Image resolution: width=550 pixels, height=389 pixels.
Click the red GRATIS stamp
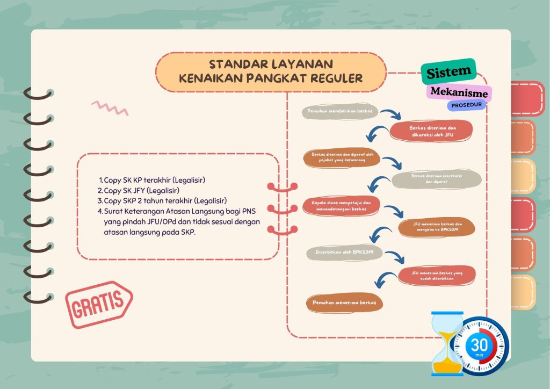pyautogui.click(x=99, y=304)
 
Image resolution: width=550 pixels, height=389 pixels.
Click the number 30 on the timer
pyautogui.click(x=479, y=345)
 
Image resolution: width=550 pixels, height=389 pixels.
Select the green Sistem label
pyautogui.click(x=448, y=71)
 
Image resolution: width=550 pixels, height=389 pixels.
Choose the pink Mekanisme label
pyautogui.click(x=459, y=92)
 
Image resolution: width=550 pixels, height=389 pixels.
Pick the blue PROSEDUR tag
pyautogui.click(x=467, y=105)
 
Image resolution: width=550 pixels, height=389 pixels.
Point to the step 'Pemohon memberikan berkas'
pyautogui.click(x=340, y=111)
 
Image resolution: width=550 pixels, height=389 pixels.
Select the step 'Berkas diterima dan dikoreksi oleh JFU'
pyautogui.click(x=431, y=131)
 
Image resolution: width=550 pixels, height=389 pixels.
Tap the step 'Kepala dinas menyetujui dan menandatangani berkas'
pyautogui.click(x=341, y=206)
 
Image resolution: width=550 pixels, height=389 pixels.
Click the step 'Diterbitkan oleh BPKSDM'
pyautogui.click(x=344, y=252)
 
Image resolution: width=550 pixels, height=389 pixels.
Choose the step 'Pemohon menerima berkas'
pyautogui.click(x=344, y=302)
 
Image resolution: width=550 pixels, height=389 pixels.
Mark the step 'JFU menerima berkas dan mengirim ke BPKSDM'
pyautogui.click(x=437, y=227)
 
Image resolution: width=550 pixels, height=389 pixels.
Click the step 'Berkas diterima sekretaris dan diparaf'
pyautogui.click(x=436, y=179)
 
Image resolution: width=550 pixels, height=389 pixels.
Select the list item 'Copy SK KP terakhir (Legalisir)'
pyautogui.click(x=151, y=180)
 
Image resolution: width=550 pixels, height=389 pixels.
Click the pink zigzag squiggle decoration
pyautogui.click(x=110, y=108)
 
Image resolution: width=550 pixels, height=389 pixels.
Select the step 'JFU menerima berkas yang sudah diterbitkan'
pyautogui.click(x=437, y=275)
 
